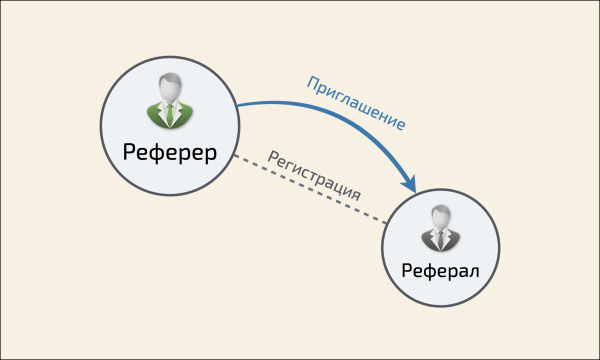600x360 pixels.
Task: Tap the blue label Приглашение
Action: [355, 102]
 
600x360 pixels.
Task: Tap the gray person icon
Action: [441, 228]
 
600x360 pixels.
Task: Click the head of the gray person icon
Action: [441, 215]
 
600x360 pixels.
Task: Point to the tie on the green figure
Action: [168, 114]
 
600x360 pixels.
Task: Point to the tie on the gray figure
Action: [441, 238]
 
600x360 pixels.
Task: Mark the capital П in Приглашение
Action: [310, 81]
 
